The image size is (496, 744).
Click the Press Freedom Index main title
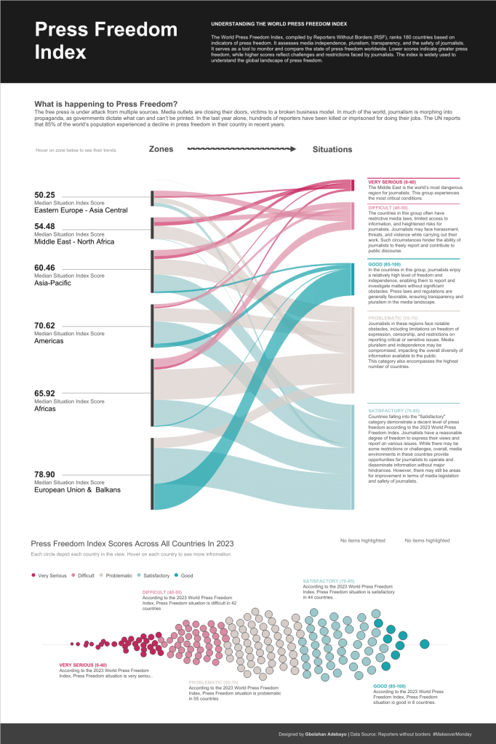click(x=106, y=41)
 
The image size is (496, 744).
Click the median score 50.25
click(x=45, y=194)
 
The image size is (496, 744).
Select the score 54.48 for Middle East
click(x=45, y=226)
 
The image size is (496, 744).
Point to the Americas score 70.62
click(x=45, y=325)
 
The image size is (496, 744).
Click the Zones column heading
click(x=161, y=149)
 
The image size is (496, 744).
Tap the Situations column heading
click(x=332, y=149)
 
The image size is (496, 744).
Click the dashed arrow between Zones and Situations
click(x=241, y=149)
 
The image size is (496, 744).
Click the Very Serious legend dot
click(x=33, y=575)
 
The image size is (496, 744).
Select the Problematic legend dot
click(x=102, y=575)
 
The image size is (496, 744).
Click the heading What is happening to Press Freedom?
click(x=106, y=103)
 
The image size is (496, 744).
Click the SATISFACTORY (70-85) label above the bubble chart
click(x=328, y=581)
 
